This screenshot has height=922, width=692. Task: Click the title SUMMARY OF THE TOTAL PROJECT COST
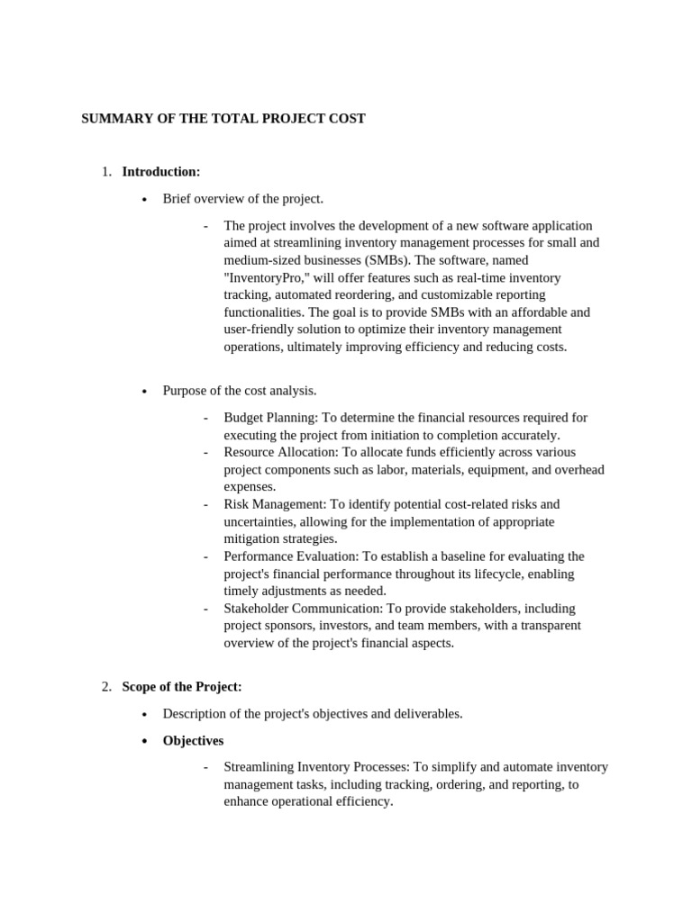click(x=223, y=119)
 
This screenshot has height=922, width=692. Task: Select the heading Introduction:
click(x=161, y=172)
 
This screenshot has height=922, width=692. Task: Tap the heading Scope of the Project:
click(x=182, y=687)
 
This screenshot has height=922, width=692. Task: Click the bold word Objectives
click(x=193, y=740)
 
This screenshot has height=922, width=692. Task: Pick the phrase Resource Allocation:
click(x=278, y=452)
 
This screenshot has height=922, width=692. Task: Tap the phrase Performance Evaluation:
click(x=291, y=556)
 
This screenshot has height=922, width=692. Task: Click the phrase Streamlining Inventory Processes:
click(x=316, y=767)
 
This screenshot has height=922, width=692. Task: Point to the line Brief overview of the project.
click(x=242, y=199)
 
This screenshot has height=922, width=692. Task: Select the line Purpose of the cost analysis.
click(x=240, y=391)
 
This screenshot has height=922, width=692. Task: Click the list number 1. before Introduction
click(x=106, y=172)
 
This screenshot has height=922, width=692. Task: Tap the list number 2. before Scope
click(x=106, y=687)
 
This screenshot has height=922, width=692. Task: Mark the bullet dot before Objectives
click(x=144, y=741)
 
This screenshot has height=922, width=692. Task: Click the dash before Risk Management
click(x=206, y=504)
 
